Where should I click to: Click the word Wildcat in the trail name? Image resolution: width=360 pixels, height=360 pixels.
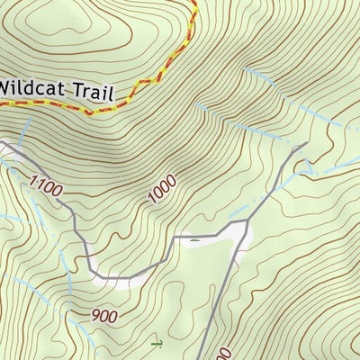point(32,88)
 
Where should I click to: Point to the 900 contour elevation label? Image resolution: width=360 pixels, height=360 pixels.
point(105,316)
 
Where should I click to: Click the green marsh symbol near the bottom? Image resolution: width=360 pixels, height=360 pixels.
point(157,344)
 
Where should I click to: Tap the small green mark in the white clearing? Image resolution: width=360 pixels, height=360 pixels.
point(191,239)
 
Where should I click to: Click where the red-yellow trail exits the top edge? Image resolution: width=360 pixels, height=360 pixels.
point(193,2)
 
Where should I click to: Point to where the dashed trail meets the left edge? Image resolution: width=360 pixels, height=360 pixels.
point(2,102)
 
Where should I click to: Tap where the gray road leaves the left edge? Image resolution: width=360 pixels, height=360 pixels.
point(2,141)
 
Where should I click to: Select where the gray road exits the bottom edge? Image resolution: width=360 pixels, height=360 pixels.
point(199,358)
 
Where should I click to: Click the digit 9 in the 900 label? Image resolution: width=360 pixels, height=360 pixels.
point(96,315)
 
